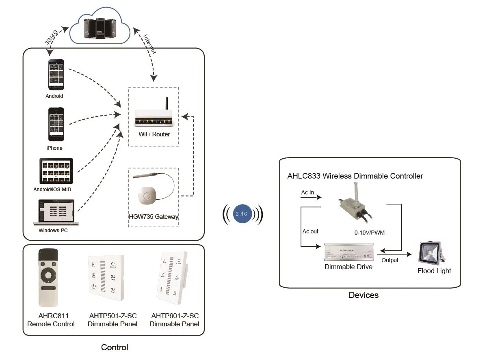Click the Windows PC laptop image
point(56,212)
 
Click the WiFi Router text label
point(154,134)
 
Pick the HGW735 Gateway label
point(153,217)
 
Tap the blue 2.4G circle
point(243,213)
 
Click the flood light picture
point(432,252)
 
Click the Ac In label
point(307,193)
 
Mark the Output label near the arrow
point(390,260)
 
